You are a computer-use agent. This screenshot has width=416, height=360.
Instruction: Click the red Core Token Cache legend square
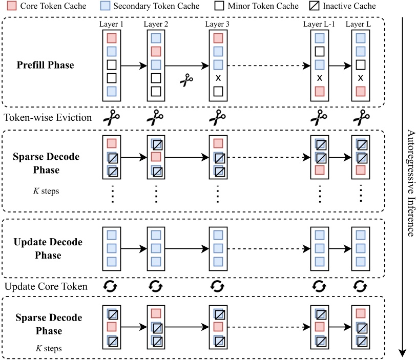point(12,6)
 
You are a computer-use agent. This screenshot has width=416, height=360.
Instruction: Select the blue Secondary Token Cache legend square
point(105,6)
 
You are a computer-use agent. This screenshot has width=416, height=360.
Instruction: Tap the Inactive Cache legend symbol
point(314,6)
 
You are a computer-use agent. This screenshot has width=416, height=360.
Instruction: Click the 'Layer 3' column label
point(217,24)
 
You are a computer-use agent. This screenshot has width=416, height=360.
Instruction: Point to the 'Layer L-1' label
point(319,24)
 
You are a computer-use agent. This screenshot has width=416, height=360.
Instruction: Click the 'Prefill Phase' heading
point(46,65)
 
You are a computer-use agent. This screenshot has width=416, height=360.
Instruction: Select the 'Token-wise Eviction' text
point(48,117)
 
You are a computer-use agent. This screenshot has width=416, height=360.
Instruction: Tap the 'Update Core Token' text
point(46,286)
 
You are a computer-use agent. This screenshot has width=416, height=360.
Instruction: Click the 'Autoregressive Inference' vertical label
point(411,183)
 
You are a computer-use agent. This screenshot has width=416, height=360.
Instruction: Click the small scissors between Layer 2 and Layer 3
point(186,80)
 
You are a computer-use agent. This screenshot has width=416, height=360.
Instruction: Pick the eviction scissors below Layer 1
point(112,117)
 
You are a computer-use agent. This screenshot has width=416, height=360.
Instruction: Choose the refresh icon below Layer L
point(360,286)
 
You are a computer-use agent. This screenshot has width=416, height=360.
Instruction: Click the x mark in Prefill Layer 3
point(218,78)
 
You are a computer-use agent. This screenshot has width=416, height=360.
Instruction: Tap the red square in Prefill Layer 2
point(156,51)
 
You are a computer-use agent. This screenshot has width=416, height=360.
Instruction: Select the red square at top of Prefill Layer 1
point(112,38)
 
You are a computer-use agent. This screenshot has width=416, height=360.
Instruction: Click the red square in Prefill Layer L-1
point(320,92)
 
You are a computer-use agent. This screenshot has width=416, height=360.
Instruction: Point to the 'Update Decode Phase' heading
point(48,248)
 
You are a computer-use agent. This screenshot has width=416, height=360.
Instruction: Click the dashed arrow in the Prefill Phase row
point(269,66)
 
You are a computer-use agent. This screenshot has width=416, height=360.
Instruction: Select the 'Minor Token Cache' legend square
point(219,6)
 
